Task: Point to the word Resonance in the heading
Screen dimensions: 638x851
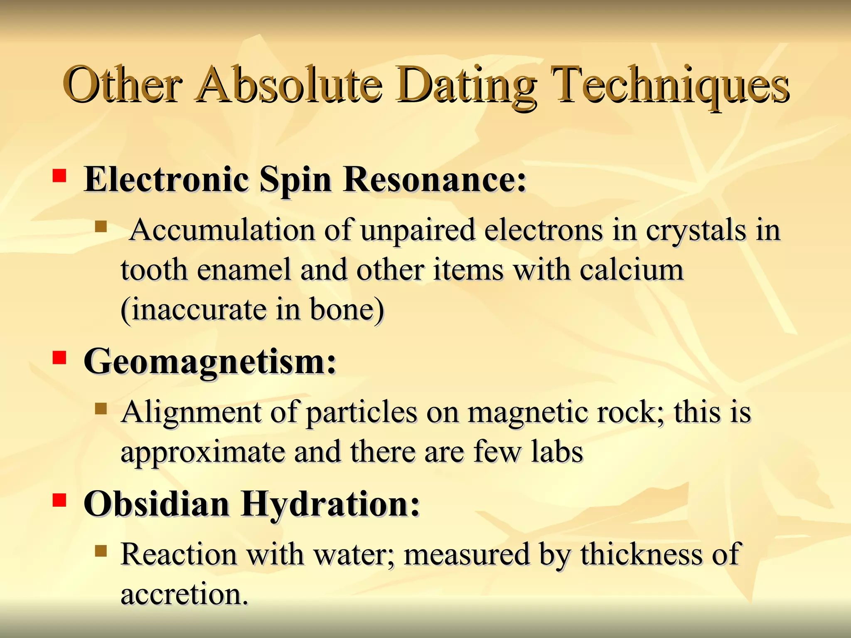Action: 434,180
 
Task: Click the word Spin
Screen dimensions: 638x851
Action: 295,180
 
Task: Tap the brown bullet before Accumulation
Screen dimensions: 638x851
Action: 101,227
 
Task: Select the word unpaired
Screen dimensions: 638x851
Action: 418,230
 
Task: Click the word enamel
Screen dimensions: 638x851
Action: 243,270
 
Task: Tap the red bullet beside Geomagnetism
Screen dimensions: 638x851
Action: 59,358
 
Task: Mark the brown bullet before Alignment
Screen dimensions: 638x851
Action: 101,409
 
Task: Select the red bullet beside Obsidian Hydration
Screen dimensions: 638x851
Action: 59,500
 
